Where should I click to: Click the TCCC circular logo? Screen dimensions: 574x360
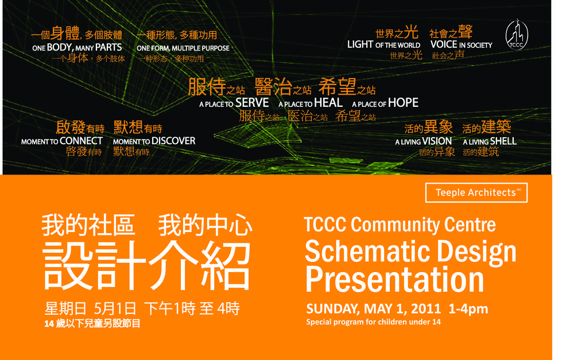pos(517,34)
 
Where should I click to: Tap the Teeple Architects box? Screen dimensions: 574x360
pos(476,193)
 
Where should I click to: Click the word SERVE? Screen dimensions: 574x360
pos(252,103)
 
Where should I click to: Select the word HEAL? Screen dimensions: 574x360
pos(328,103)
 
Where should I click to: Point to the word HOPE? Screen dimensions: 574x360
pos(403,103)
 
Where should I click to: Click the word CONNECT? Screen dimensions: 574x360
pos(81,141)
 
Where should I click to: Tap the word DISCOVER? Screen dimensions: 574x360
pos(173,141)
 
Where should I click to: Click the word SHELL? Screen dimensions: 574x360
pos(503,141)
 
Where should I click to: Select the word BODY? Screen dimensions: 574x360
pos(60,48)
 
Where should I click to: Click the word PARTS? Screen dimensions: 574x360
pos(108,48)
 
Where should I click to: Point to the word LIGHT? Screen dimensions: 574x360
pos(360,45)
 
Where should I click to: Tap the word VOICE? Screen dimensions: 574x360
pos(444,45)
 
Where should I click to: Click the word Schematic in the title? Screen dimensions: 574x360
pos(367,251)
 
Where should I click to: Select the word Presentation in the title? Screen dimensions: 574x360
pos(395,280)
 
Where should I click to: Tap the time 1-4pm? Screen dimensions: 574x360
pos(468,309)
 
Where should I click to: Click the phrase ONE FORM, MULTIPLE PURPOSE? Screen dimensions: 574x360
pos(183,48)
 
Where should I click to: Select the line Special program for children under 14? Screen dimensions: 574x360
pos(374,322)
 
